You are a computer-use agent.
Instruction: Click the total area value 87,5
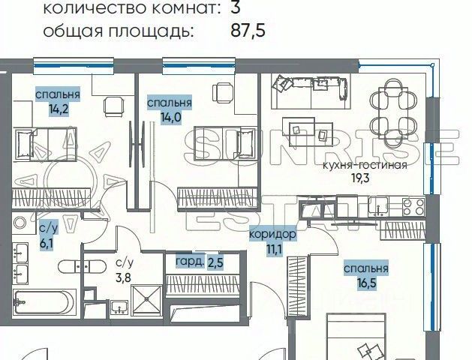[x=248, y=31]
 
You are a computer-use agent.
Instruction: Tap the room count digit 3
[x=235, y=9]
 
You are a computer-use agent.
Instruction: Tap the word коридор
[x=272, y=235]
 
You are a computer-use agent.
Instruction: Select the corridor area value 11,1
[x=272, y=249]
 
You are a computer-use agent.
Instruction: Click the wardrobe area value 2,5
[x=215, y=262]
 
